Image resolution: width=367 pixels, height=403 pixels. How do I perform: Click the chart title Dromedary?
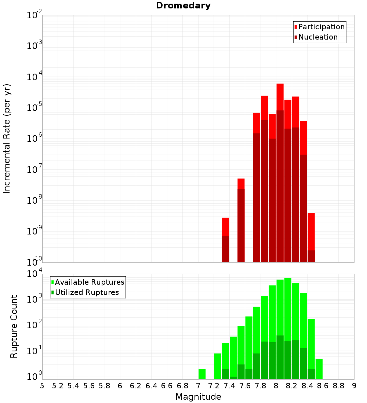click(x=183, y=5)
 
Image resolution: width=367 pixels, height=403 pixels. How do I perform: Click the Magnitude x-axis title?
click(x=198, y=397)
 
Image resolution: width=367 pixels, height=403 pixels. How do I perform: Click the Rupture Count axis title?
click(x=14, y=326)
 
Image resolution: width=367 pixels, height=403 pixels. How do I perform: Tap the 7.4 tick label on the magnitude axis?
click(x=229, y=386)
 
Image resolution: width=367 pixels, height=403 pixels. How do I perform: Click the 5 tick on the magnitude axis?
click(x=42, y=386)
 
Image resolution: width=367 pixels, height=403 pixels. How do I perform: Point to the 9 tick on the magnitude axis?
click(x=354, y=386)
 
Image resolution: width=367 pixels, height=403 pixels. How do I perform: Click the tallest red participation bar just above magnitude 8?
click(x=280, y=97)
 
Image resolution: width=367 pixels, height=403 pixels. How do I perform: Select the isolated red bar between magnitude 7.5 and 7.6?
click(x=241, y=184)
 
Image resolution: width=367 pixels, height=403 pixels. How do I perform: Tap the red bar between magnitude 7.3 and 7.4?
click(x=225, y=227)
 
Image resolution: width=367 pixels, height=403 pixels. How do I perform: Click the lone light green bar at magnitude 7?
click(x=202, y=374)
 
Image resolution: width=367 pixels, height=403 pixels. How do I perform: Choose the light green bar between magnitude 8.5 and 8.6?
click(x=319, y=369)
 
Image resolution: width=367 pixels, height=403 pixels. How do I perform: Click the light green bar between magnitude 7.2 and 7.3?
click(x=218, y=366)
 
